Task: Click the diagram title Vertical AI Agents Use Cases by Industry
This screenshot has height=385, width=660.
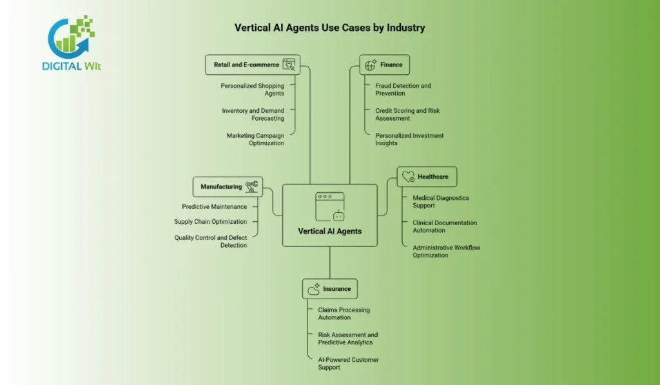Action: click(329, 28)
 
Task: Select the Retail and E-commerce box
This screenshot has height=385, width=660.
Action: click(253, 64)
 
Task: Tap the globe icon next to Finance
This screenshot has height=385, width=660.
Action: click(371, 64)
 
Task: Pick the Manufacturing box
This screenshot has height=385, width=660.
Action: click(228, 187)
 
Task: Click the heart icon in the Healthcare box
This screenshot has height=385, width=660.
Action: click(407, 177)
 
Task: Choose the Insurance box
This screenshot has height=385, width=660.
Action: click(329, 289)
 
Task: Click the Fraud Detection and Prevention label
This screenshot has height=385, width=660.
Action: click(403, 90)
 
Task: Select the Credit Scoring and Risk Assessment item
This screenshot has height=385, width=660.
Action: click(407, 115)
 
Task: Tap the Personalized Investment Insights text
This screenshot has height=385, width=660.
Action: click(409, 139)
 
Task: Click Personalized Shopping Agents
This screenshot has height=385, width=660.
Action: click(252, 90)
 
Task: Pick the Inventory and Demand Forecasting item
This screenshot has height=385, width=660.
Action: click(253, 115)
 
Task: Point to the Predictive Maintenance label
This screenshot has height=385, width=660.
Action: click(214, 207)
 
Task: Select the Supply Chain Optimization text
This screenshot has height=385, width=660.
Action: click(210, 222)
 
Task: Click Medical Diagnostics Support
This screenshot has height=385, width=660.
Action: click(441, 202)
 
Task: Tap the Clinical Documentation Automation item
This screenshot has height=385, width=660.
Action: click(445, 226)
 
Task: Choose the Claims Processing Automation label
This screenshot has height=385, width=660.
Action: click(344, 313)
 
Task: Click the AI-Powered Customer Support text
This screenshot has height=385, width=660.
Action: click(348, 364)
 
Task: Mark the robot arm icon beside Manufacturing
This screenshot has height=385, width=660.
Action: click(251, 186)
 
